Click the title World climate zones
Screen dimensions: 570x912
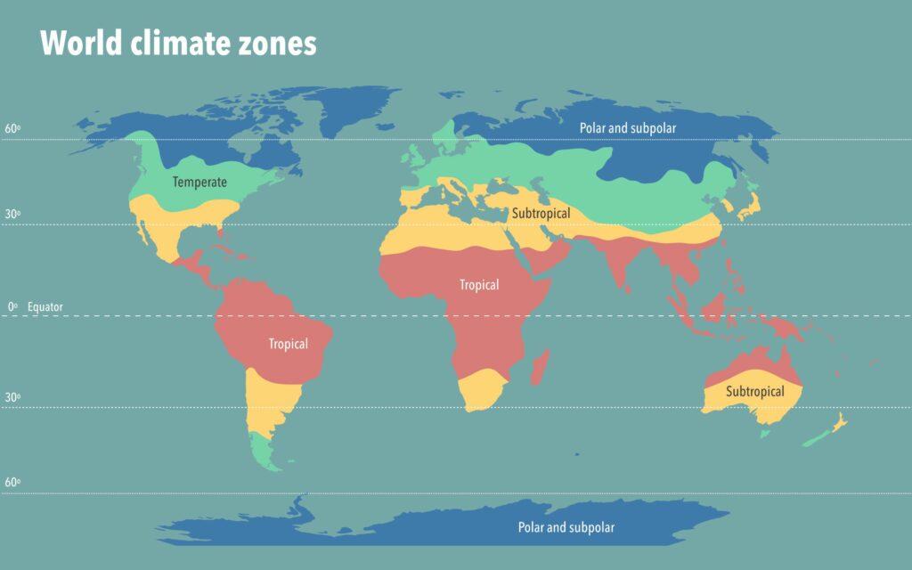pos(178,43)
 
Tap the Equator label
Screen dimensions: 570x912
pos(45,306)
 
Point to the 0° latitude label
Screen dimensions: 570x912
pos(12,306)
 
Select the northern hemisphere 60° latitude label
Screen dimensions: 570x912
pos(12,128)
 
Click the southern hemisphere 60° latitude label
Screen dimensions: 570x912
pos(12,483)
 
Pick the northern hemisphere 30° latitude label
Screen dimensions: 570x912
pos(12,214)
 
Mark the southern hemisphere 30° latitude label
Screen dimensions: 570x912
pos(12,397)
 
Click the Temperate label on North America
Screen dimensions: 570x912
pos(199,183)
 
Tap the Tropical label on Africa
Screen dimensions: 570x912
pos(479,285)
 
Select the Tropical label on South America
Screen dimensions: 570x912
pos(289,344)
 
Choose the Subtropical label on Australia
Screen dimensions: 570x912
pos(754,392)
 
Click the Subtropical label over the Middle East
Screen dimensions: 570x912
pos(541,214)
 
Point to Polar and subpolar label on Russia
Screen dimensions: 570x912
pos(628,128)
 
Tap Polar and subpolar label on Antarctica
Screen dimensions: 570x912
pos(566,527)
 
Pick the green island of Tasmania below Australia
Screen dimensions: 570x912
pos(764,434)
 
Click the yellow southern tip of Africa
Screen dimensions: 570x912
pos(481,390)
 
